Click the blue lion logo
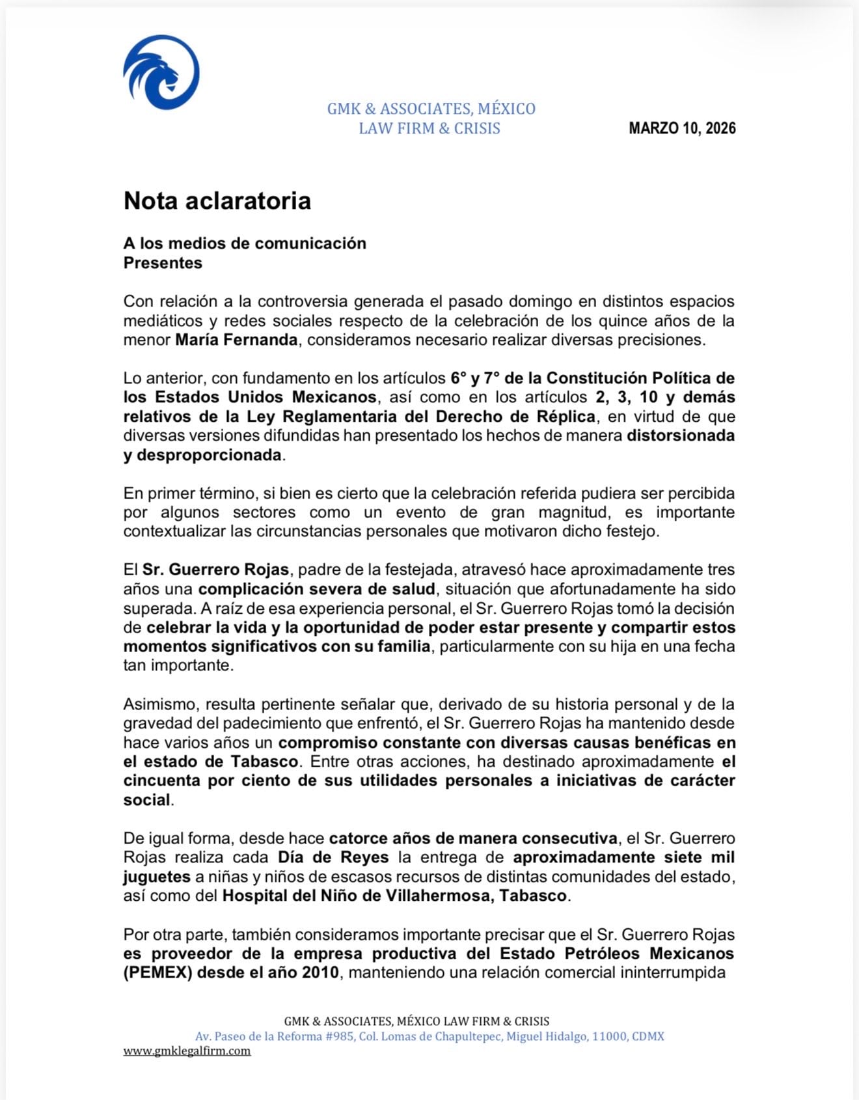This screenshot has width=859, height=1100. point(161,72)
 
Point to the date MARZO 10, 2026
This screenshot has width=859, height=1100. point(682,128)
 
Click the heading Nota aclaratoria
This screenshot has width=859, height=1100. point(217,200)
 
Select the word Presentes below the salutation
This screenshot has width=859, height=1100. point(163,263)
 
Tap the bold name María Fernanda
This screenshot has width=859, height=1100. point(236,340)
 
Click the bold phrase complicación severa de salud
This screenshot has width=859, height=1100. point(316,589)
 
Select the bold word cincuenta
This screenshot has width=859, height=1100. point(161,781)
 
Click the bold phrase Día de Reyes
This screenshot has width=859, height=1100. point(333,858)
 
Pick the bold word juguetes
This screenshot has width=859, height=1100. point(157,877)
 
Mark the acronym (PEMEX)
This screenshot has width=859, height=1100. point(157,973)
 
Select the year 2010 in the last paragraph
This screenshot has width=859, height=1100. point(320,973)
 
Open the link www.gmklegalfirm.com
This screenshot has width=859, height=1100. point(187,1051)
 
